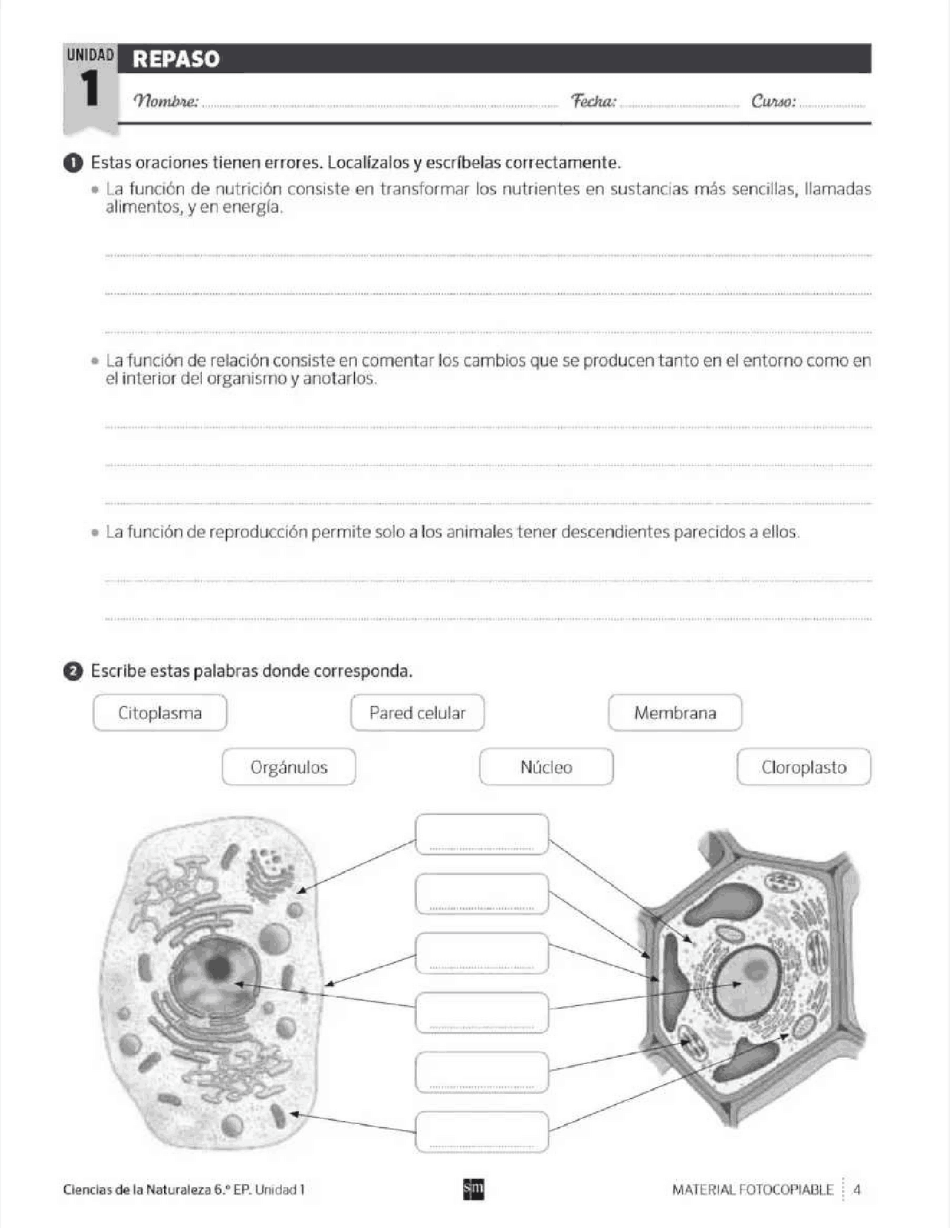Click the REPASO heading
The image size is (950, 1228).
tap(176, 59)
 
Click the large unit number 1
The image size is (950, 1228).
tap(90, 90)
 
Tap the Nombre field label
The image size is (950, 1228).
tap(166, 101)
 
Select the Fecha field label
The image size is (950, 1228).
tap(593, 101)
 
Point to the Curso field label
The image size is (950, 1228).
tap(773, 101)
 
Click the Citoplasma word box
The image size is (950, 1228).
tap(160, 713)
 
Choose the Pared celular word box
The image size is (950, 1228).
tap(417, 713)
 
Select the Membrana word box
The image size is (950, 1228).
tap(675, 713)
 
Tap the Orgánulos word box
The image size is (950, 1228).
tap(289, 767)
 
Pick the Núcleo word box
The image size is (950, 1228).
tap(546, 767)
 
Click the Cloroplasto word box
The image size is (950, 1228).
tap(804, 767)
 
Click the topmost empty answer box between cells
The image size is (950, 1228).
tap(482, 834)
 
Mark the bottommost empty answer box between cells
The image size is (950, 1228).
tap(482, 1131)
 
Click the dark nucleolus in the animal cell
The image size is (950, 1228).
tap(217, 967)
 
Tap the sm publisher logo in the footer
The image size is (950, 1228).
tap(474, 1189)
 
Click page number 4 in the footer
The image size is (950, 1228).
tap(857, 1190)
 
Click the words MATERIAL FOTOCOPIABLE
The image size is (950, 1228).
tap(752, 1190)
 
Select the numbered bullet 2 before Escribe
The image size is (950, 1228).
tap(73, 672)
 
